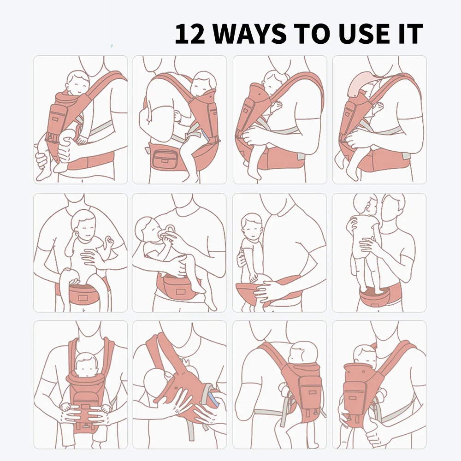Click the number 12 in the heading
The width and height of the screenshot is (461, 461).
(189, 34)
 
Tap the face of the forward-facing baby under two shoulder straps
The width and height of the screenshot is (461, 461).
(85, 368)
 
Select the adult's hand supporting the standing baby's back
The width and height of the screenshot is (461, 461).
(371, 244)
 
